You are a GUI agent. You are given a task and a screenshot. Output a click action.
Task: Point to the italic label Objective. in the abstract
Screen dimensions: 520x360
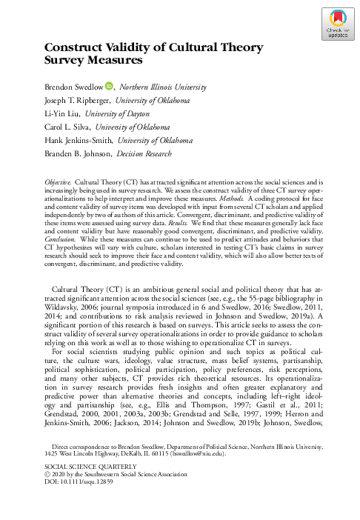[x=59, y=180]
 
